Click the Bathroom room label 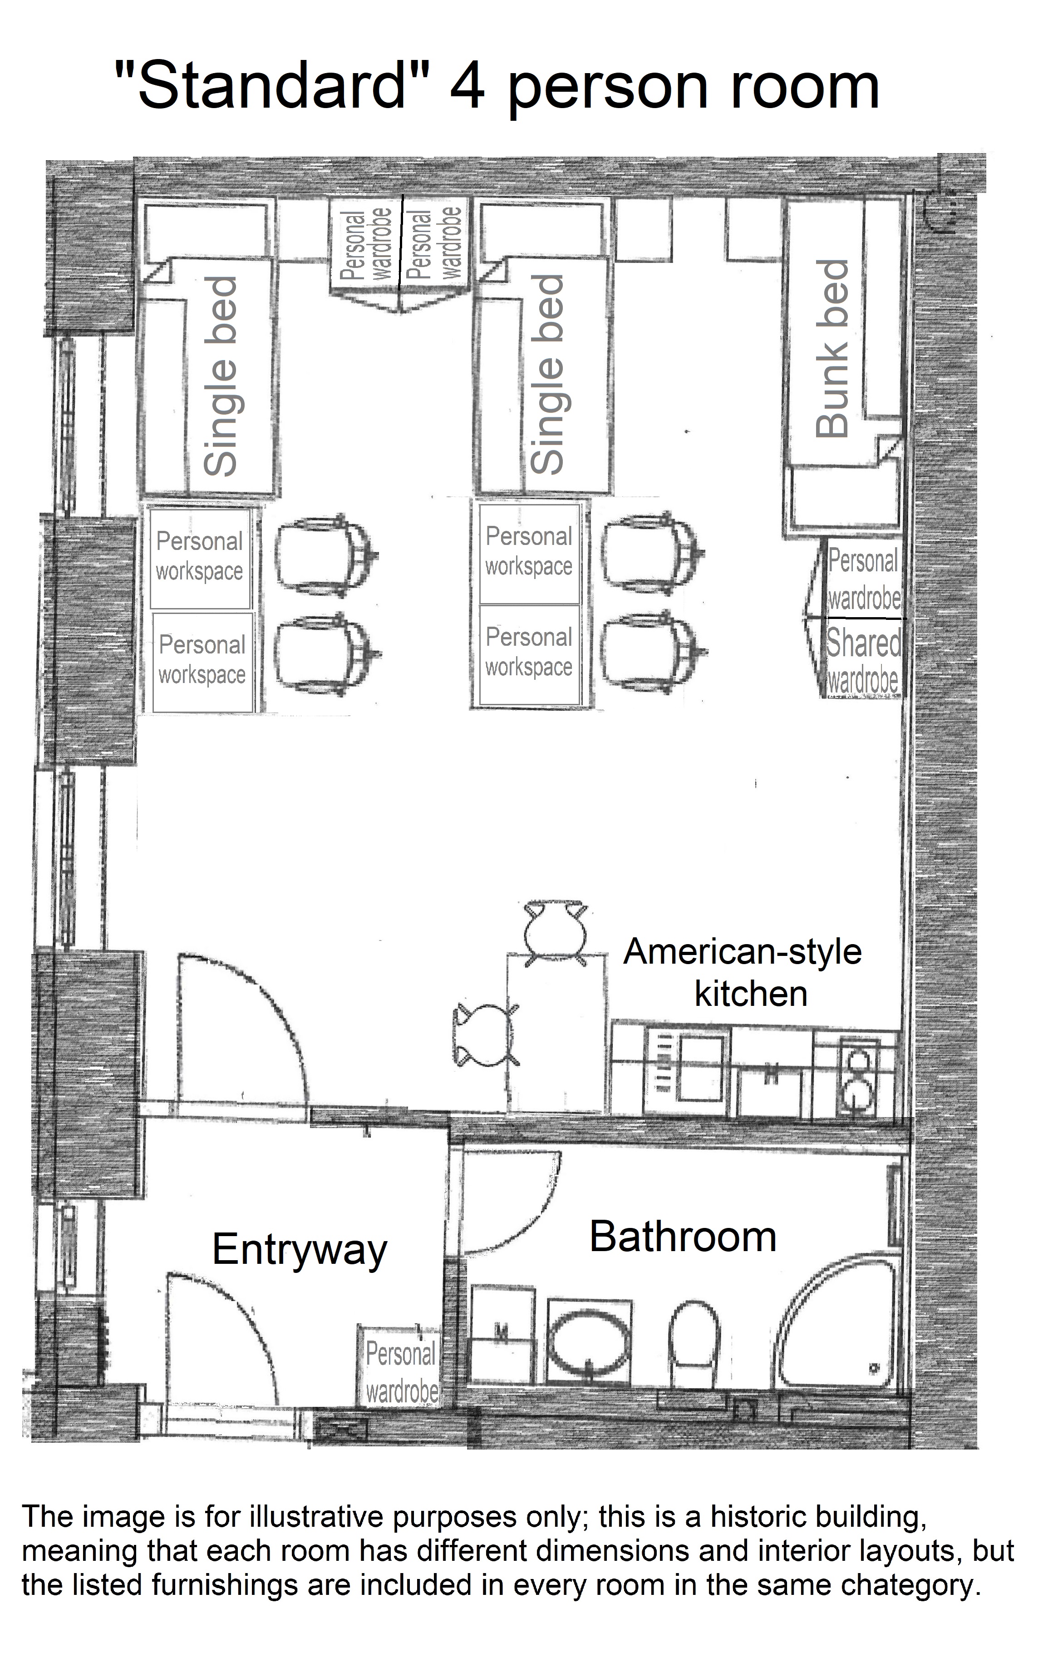(x=683, y=1237)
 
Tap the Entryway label (x=300, y=1251)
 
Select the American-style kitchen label (x=743, y=973)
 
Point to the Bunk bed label (x=832, y=349)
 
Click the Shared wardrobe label (x=863, y=660)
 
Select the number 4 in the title (x=467, y=87)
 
